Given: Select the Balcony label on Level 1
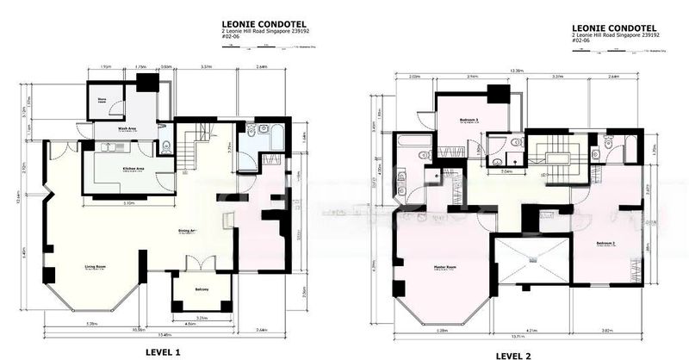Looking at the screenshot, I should (x=202, y=289).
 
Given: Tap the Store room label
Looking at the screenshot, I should (x=102, y=100).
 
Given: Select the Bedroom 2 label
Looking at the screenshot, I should (x=607, y=244).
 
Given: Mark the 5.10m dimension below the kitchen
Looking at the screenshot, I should (x=129, y=204).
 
